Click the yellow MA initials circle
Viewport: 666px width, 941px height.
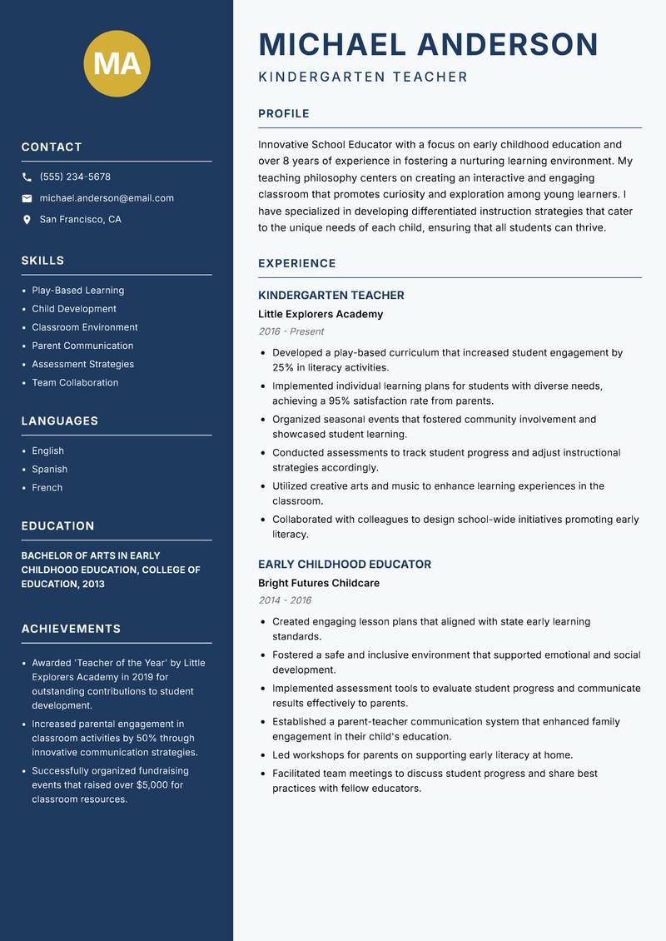coord(117,63)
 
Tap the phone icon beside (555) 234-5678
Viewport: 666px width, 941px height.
coord(27,177)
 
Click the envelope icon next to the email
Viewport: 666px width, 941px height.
coord(27,198)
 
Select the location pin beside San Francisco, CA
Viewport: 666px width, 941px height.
coord(27,220)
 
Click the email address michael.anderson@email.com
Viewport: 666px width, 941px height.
coord(107,198)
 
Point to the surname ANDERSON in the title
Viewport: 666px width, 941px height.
coord(507,44)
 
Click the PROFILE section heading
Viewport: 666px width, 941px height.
coord(284,114)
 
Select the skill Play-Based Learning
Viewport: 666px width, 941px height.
coord(78,291)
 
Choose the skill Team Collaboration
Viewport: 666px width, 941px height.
coord(75,383)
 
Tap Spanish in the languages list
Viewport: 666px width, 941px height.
coord(50,470)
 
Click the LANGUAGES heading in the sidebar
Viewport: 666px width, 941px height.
coord(60,421)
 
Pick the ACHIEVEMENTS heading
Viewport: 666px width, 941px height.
coord(71,629)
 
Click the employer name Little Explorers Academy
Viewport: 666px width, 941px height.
coord(321,315)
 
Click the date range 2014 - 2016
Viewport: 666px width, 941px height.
coord(285,600)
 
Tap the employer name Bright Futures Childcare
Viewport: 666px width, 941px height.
coord(319,584)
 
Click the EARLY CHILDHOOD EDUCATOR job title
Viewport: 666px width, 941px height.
coord(345,565)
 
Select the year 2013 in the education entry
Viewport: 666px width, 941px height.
coord(93,585)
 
